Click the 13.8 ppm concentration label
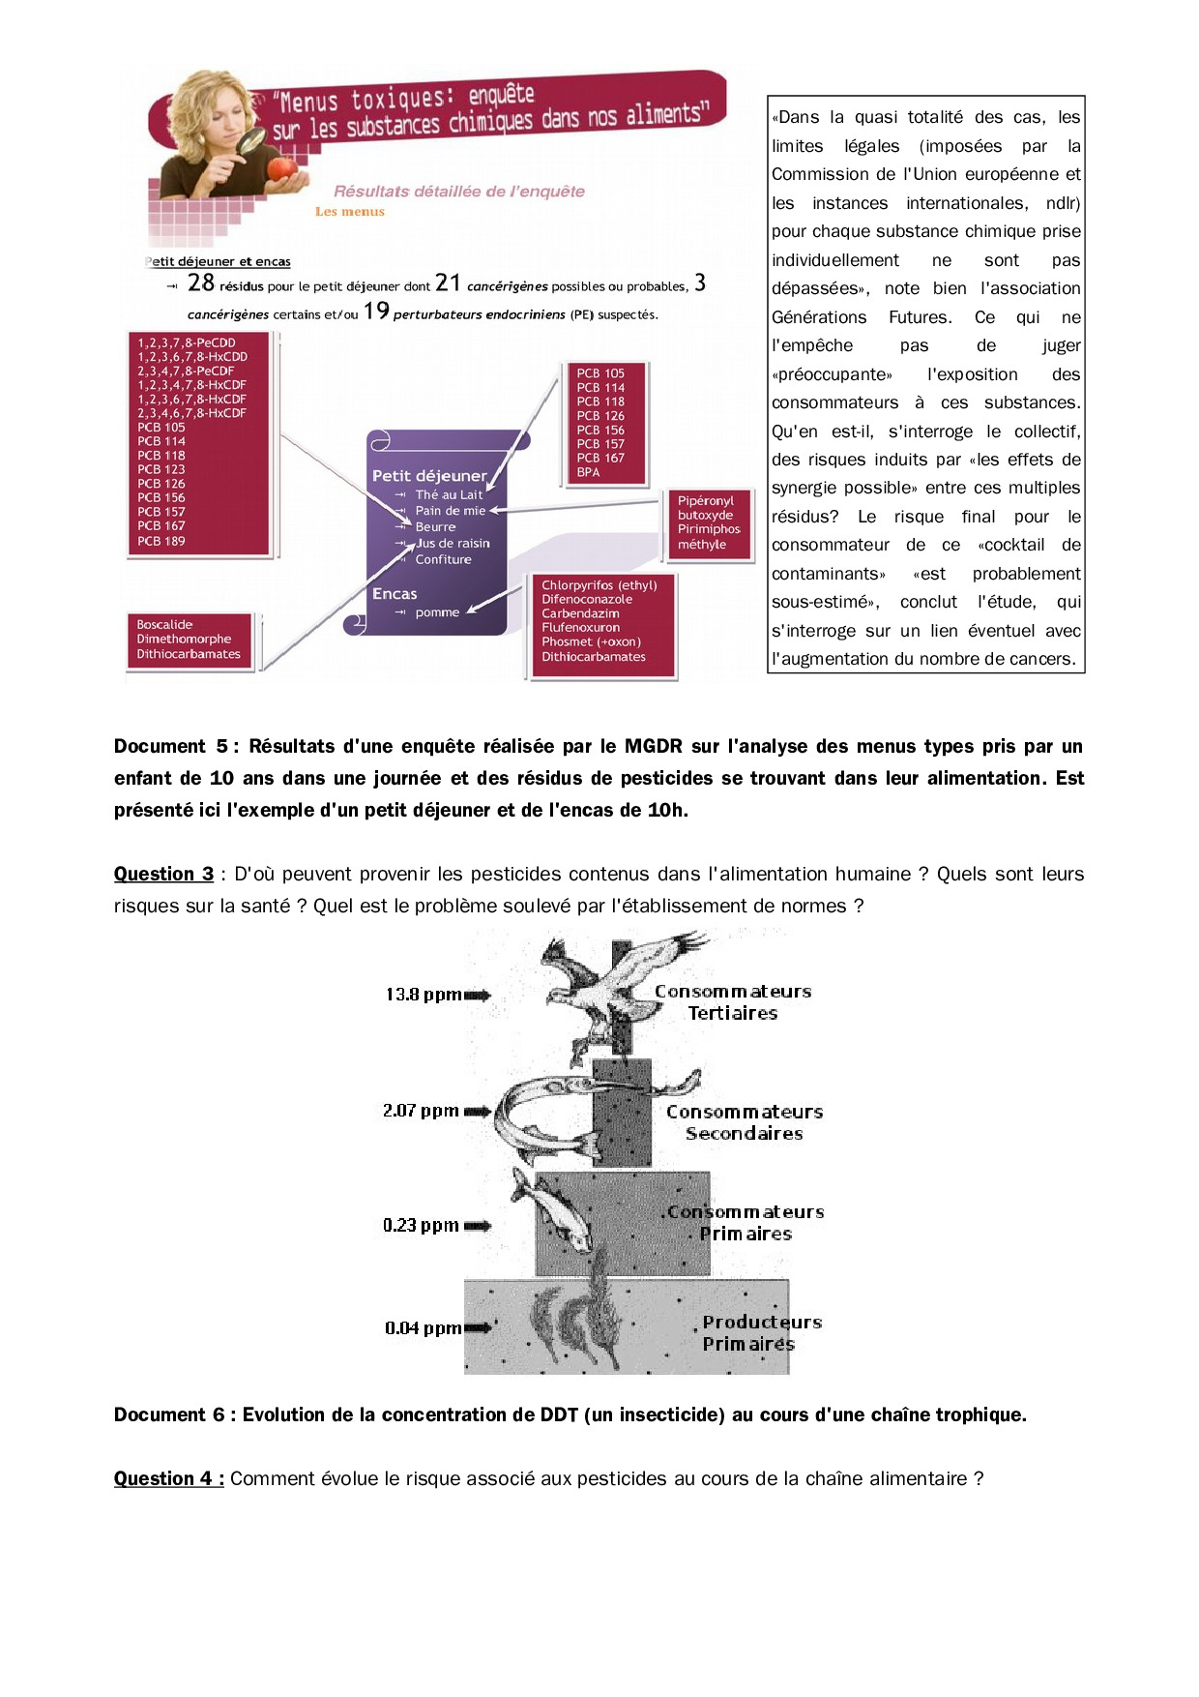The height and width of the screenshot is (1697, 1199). [423, 995]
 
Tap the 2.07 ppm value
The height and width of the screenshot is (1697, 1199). [421, 1111]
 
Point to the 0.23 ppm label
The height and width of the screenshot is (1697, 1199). [421, 1225]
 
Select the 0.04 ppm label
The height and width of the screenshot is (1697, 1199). [423, 1328]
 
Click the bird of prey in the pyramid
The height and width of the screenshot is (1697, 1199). [619, 977]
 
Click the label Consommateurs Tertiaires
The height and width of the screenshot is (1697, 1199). [733, 1002]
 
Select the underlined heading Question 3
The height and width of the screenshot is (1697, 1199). [163, 874]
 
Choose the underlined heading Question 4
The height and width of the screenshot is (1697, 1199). [168, 1478]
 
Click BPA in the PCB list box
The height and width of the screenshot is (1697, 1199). [588, 472]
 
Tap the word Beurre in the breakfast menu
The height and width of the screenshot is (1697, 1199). [435, 527]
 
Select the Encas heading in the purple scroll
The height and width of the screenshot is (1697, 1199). [395, 594]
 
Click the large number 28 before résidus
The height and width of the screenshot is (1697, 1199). [201, 283]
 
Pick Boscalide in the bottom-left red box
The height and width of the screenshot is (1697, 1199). [164, 625]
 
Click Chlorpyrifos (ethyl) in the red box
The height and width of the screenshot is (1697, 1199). [599, 585]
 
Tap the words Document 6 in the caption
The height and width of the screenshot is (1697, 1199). [169, 1414]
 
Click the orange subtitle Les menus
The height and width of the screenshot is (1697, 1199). [349, 212]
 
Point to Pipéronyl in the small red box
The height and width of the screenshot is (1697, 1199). [705, 501]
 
